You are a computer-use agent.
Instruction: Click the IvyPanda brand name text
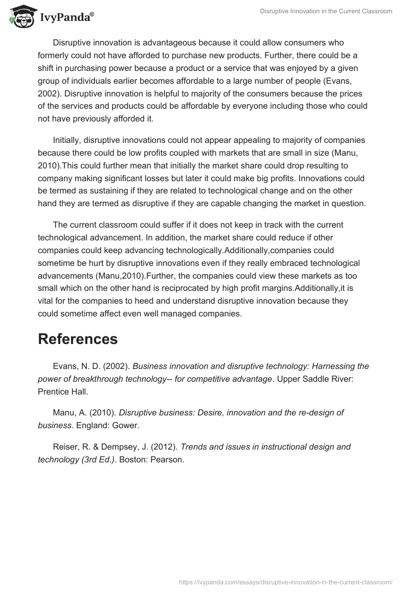point(66,17)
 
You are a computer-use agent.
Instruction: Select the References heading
point(78,339)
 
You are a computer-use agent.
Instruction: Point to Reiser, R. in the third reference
point(71,447)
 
